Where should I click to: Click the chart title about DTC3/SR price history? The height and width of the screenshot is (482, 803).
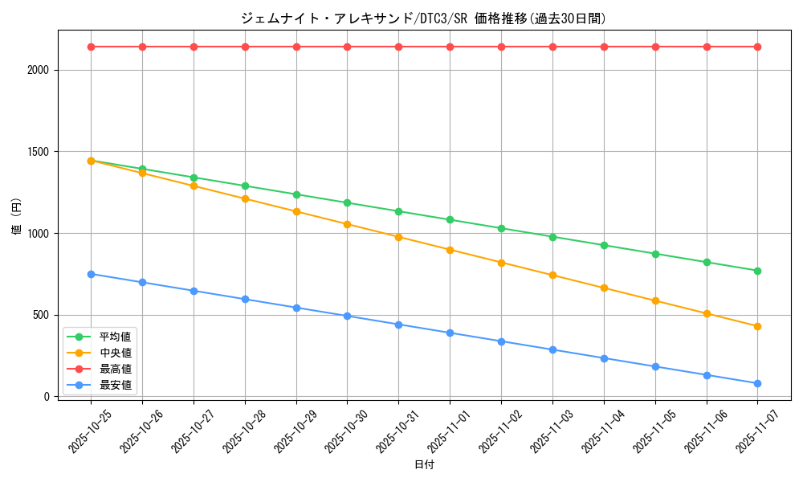click(x=423, y=18)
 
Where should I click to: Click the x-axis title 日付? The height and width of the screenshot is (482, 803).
click(x=423, y=465)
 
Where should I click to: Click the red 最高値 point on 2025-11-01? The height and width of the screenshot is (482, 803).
click(x=450, y=47)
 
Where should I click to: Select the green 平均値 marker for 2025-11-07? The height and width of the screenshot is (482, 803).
click(x=757, y=271)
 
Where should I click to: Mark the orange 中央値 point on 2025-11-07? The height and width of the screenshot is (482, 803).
click(x=757, y=326)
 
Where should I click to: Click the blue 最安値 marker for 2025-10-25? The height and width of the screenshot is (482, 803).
click(x=91, y=274)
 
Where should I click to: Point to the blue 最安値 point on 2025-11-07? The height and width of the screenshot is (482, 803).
click(x=757, y=383)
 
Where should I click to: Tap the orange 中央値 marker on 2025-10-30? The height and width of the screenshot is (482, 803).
click(x=347, y=224)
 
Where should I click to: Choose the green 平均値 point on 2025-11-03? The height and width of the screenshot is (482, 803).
click(x=552, y=237)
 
